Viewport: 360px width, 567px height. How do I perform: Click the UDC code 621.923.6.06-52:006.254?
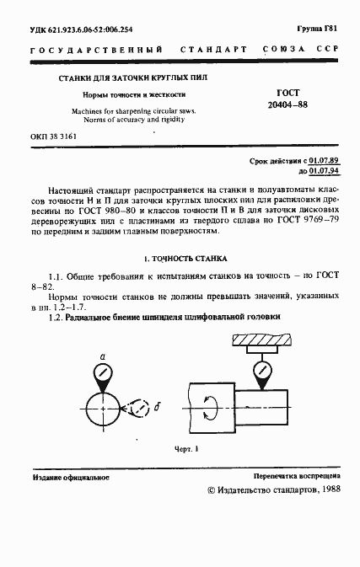pyautogui.click(x=94, y=29)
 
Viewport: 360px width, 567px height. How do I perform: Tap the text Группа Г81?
pyautogui.click(x=319, y=28)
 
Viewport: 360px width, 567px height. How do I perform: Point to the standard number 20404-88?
pyautogui.click(x=291, y=107)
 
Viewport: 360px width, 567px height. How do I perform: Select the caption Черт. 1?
pyautogui.click(x=184, y=448)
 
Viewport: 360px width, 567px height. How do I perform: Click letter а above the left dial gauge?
pyautogui.click(x=102, y=356)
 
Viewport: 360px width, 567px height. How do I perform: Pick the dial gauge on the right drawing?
pyautogui.click(x=262, y=370)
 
